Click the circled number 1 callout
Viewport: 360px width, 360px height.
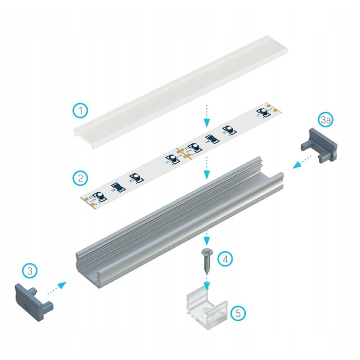point(81,110)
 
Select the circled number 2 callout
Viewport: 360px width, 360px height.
point(80,178)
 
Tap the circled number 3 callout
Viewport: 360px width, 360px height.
point(30,271)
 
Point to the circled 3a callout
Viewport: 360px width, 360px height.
point(326,120)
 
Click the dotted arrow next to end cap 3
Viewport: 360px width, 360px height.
point(57,288)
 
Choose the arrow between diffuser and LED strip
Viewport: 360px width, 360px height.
point(207,115)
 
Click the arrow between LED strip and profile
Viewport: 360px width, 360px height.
point(207,168)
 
